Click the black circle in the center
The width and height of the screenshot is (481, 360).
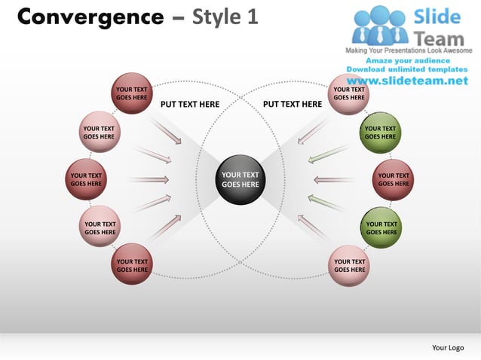point(240,179)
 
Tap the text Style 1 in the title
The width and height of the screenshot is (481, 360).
point(225,17)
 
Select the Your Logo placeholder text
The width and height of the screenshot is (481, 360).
point(448,347)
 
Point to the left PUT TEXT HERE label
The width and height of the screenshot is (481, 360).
point(190,105)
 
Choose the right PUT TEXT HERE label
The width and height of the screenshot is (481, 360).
point(292,105)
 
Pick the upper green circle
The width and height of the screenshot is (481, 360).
point(380,133)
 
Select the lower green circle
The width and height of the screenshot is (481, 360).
point(381,227)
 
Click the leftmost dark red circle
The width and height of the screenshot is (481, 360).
point(86,179)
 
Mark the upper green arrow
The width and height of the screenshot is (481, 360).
point(320,156)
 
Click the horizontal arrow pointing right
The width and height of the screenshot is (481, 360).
point(150,180)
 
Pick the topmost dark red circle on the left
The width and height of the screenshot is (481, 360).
point(131,93)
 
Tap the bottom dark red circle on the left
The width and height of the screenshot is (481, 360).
point(131,265)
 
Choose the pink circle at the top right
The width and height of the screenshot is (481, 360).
point(349,93)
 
